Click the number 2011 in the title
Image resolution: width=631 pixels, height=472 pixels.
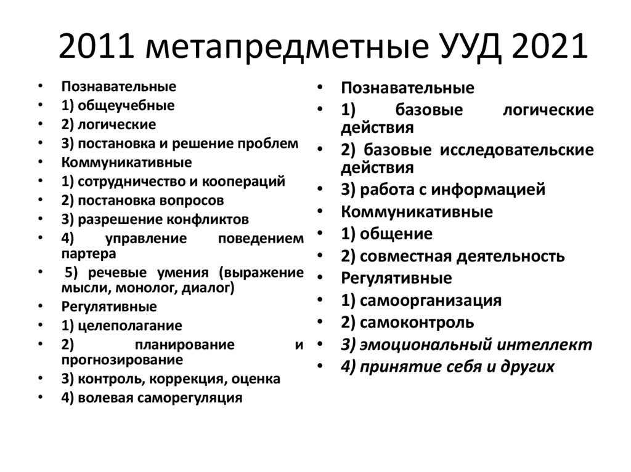point(98,48)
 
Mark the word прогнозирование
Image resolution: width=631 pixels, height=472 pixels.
point(121,359)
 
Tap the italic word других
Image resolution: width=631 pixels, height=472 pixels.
point(529,367)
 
